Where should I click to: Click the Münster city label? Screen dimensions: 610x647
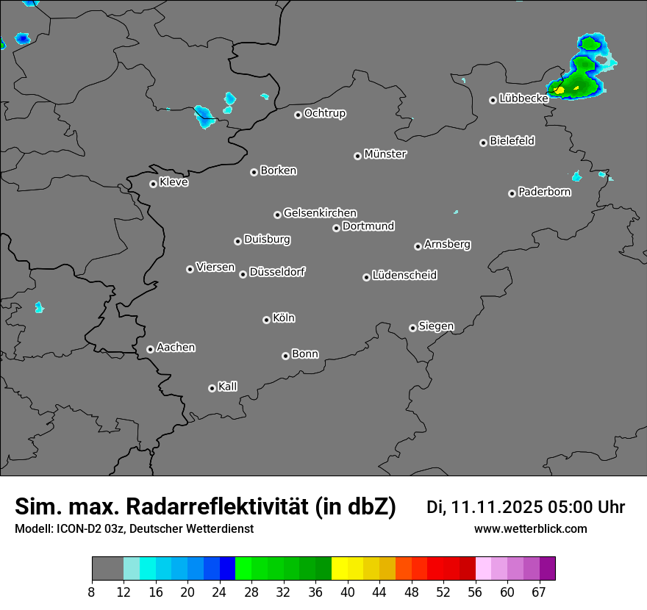385,154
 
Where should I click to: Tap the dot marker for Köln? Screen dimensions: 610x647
266,320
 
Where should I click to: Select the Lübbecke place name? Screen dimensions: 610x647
523,98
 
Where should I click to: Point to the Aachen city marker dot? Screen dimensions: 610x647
150,349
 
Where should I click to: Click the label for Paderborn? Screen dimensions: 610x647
545,192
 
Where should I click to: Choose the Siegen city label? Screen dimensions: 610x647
436,326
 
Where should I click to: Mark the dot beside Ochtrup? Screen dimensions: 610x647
298,115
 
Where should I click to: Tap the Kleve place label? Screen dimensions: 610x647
174,182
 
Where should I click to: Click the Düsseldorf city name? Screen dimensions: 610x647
277,272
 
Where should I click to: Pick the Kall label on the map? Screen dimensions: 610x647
228,387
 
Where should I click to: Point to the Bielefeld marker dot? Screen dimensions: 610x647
483,143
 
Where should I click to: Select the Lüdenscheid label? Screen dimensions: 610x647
404,276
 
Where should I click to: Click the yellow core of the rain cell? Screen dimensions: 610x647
560,90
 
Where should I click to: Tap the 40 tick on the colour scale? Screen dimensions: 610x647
348,592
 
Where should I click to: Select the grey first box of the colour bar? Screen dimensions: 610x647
107,569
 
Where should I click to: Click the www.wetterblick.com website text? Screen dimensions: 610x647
530,529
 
